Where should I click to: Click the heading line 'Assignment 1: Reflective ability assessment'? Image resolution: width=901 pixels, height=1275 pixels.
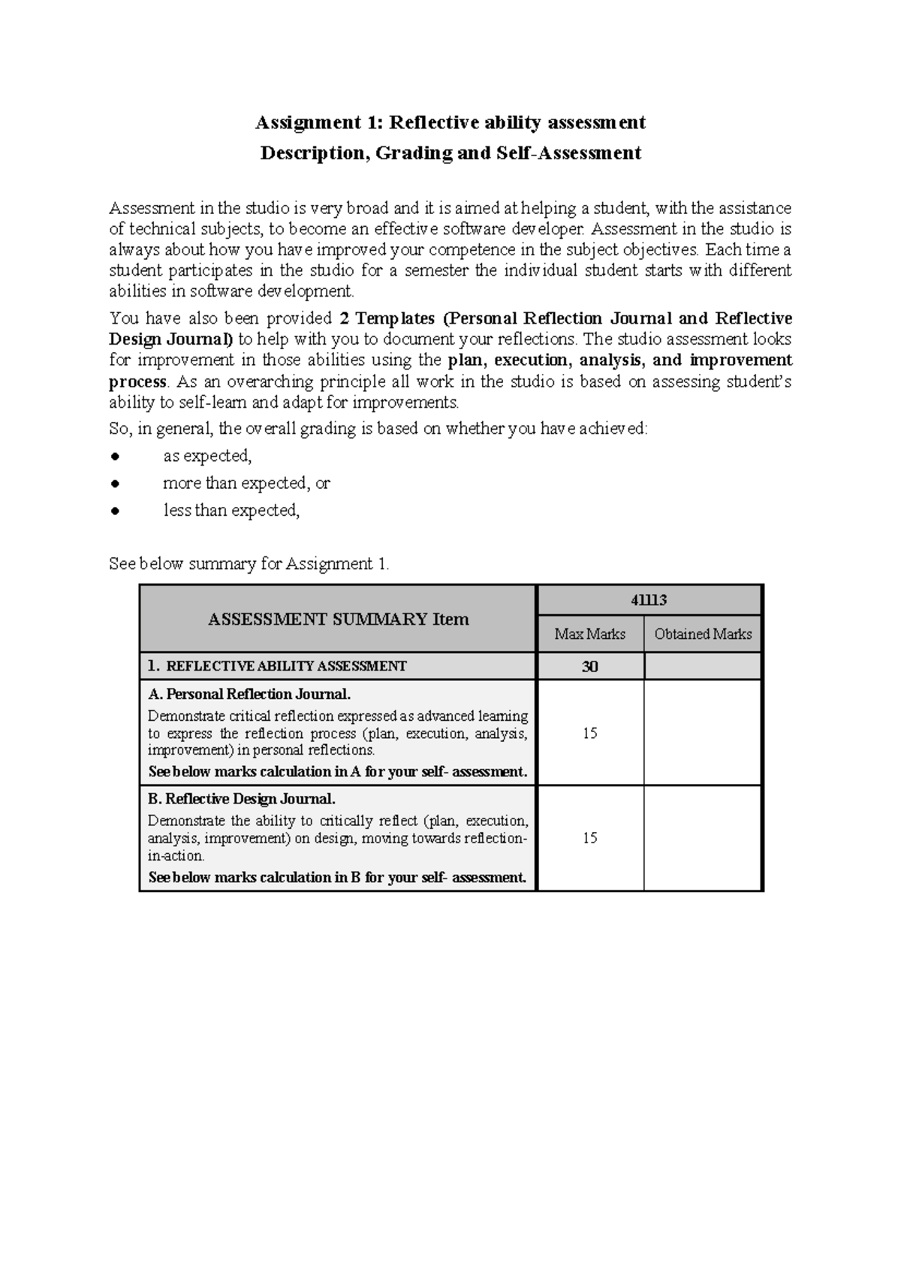coord(450,122)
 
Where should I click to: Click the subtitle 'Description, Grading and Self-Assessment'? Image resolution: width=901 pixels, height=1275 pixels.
coord(450,153)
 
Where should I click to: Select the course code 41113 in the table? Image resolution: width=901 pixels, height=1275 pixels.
coord(649,600)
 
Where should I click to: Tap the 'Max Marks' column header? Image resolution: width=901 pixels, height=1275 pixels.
coord(589,634)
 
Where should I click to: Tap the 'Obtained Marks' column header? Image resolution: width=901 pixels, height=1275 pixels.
coord(703,634)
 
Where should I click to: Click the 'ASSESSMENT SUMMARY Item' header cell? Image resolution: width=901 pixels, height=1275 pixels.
coord(338,619)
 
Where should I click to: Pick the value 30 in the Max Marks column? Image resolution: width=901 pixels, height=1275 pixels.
coord(589,667)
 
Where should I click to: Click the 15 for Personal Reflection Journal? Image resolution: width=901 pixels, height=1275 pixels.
coord(589,733)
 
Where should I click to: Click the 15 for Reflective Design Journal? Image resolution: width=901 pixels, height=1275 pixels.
coord(589,838)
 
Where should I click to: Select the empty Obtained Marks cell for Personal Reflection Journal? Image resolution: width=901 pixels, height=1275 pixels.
coord(703,733)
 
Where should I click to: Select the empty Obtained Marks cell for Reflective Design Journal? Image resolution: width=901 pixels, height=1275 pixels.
coord(703,838)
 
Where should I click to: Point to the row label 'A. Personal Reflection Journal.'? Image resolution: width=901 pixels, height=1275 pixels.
coord(249,694)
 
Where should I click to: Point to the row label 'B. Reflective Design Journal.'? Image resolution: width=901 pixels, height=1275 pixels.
coord(242,799)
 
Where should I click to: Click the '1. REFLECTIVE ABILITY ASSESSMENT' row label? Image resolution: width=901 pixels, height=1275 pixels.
coord(278,666)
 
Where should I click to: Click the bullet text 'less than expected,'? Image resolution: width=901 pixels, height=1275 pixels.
coord(231,511)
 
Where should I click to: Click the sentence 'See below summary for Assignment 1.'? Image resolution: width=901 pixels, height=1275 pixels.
coord(249,564)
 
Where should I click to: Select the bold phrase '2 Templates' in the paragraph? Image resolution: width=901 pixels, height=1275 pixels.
coord(387,318)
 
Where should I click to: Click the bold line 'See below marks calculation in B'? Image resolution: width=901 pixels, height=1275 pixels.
coord(338,877)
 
